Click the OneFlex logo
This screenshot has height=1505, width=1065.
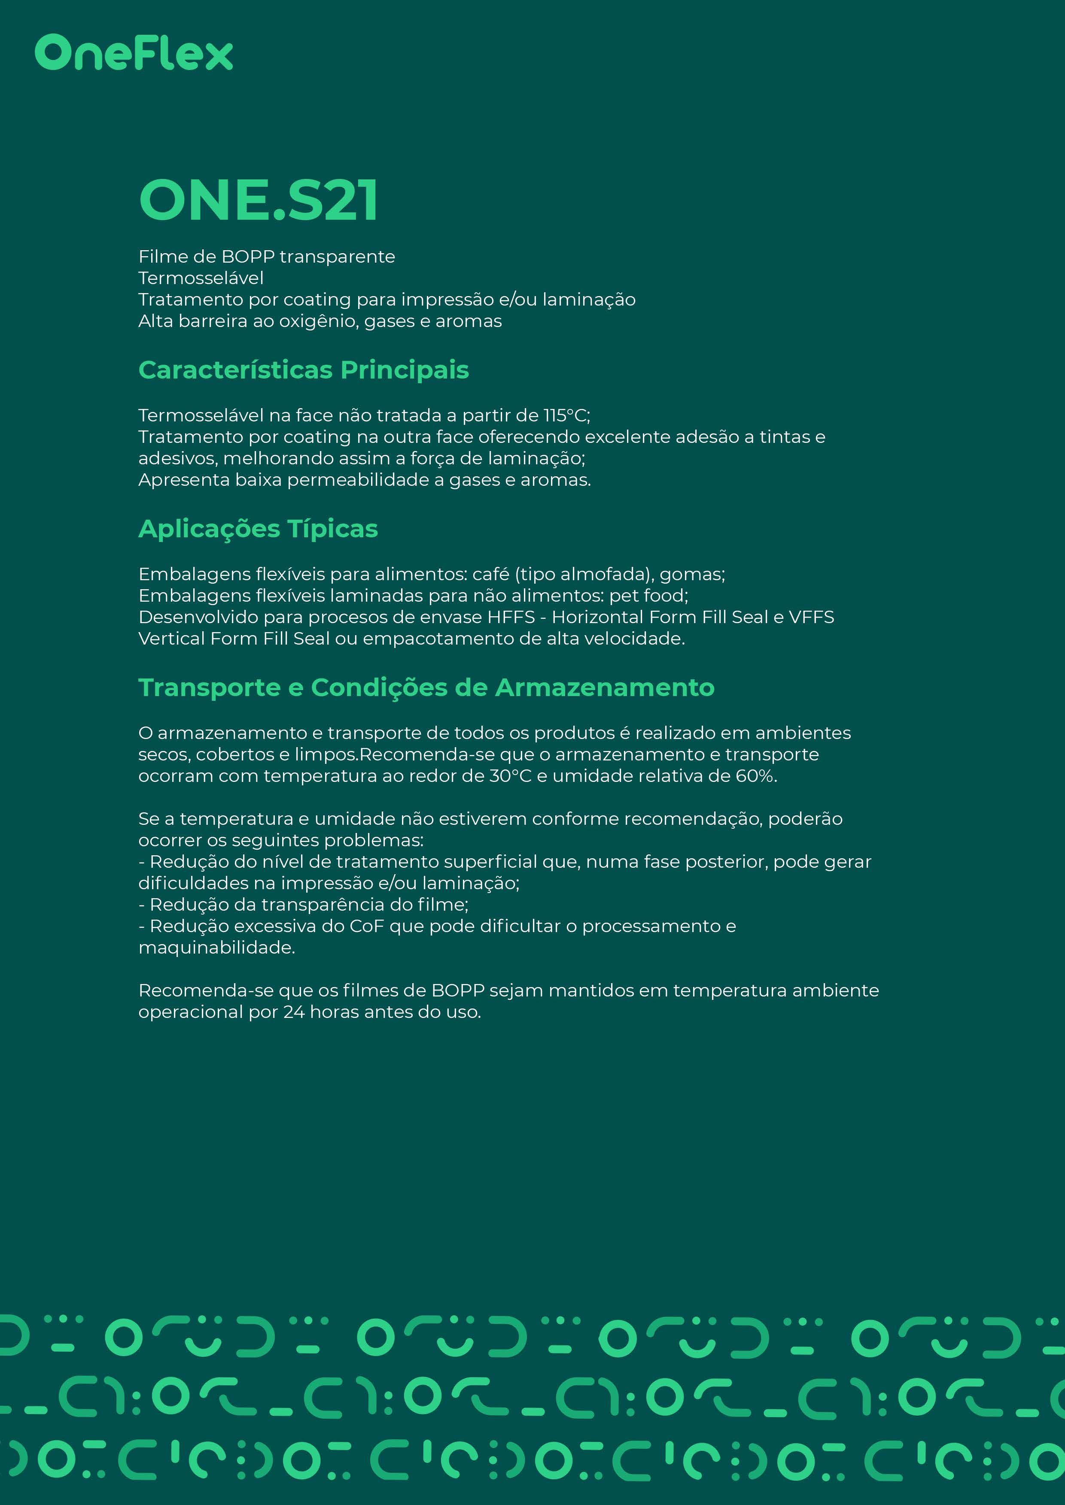pyautogui.click(x=134, y=53)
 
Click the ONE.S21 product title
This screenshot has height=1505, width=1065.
pyautogui.click(x=259, y=200)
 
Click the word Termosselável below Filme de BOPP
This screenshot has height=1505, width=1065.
pyautogui.click(x=201, y=278)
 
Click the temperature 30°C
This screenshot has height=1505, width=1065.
pyautogui.click(x=510, y=776)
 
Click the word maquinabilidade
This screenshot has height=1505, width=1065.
pyautogui.click(x=216, y=948)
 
